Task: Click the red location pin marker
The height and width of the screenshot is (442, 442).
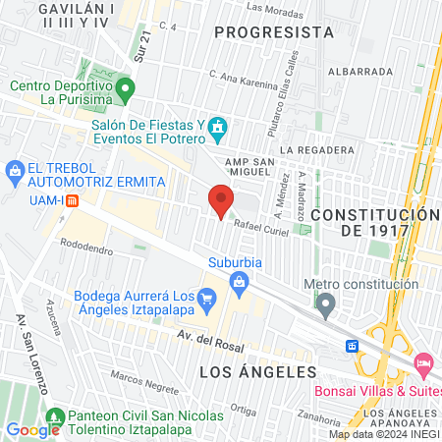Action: [221, 200]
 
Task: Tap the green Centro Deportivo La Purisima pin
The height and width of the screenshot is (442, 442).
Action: [125, 92]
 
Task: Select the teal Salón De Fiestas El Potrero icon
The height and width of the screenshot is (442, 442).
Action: [218, 128]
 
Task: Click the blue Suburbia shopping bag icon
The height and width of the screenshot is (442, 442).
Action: [239, 283]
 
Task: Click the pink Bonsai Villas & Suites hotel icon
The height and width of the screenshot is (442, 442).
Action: [423, 363]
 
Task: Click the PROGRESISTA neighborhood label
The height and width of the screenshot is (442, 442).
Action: [274, 31]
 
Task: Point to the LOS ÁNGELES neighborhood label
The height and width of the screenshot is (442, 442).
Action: [258, 372]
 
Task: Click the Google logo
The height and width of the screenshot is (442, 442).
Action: [32, 429]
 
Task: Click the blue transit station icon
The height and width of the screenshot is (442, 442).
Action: [351, 346]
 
